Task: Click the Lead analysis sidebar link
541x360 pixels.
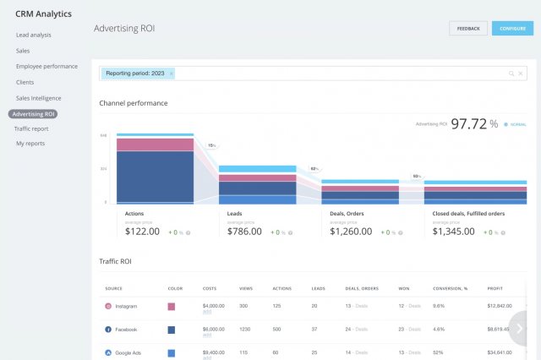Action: point(33,35)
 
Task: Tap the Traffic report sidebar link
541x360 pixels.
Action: point(31,128)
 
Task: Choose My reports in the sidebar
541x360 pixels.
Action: point(30,144)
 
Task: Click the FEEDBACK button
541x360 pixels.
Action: point(468,29)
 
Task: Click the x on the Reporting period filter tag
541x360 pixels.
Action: point(171,74)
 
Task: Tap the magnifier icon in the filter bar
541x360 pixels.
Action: point(511,74)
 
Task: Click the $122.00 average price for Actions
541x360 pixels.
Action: point(143,232)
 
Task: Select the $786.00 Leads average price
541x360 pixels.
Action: point(244,232)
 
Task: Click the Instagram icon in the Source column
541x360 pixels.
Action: point(108,306)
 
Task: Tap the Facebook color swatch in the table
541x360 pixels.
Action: point(172,329)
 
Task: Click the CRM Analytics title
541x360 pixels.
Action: point(43,14)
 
